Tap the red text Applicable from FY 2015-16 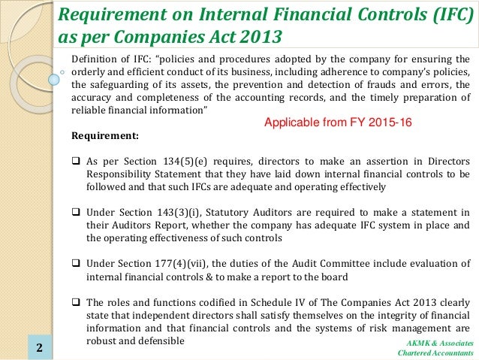tap(339, 122)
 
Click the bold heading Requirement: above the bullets tap(104, 137)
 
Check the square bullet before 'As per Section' tap(76, 162)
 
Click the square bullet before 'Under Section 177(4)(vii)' tap(76, 263)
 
